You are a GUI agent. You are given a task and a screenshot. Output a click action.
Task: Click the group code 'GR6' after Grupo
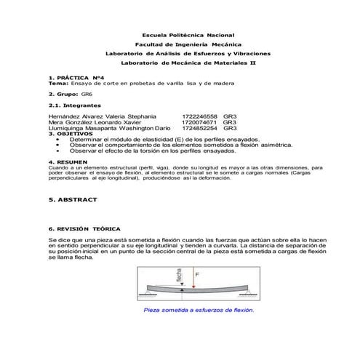click(x=87, y=95)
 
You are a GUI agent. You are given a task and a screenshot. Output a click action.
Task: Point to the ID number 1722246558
click(x=199, y=116)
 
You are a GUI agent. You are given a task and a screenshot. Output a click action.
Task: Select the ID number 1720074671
click(x=199, y=122)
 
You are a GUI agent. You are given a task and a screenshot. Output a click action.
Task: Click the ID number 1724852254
click(x=199, y=129)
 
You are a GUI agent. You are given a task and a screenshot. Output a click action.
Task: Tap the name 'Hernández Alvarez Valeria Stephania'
click(x=101, y=116)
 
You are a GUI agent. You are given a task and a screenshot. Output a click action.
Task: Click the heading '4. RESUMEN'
click(x=68, y=161)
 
